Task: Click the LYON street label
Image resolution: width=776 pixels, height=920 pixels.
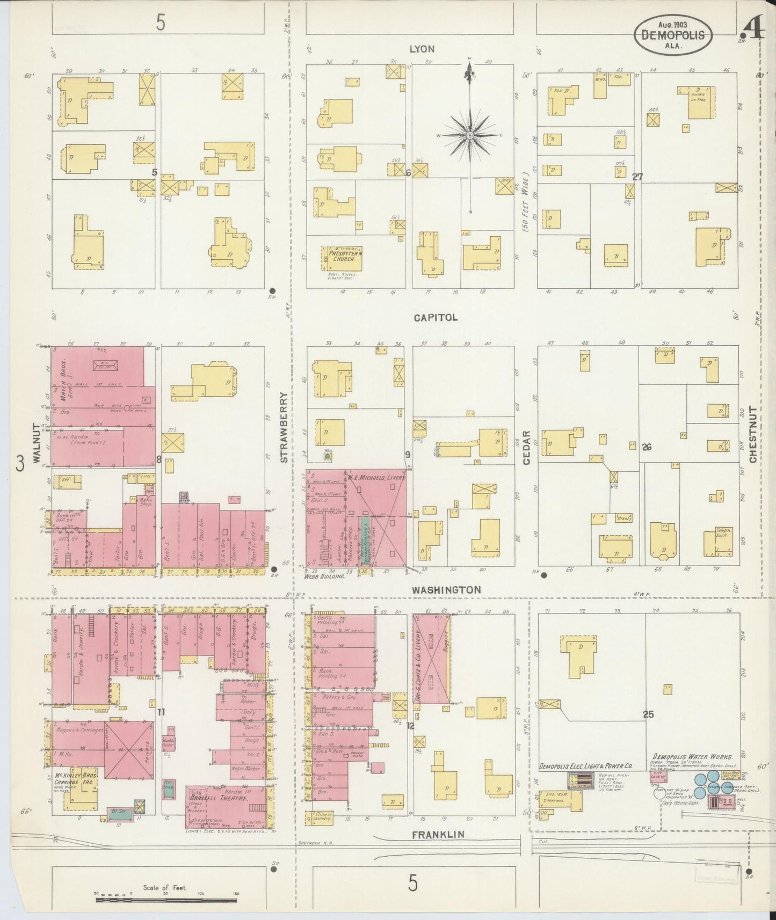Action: (x=422, y=49)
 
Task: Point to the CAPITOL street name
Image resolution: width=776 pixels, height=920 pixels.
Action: (x=436, y=317)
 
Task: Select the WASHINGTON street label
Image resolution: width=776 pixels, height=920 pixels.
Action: (x=446, y=589)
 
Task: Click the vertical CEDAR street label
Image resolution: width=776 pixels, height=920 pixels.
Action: (x=527, y=446)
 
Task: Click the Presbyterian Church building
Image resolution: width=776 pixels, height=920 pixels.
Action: (x=342, y=258)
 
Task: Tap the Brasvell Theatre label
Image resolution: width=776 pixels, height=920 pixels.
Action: (x=224, y=799)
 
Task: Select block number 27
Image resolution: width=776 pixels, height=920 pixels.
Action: (x=637, y=177)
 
